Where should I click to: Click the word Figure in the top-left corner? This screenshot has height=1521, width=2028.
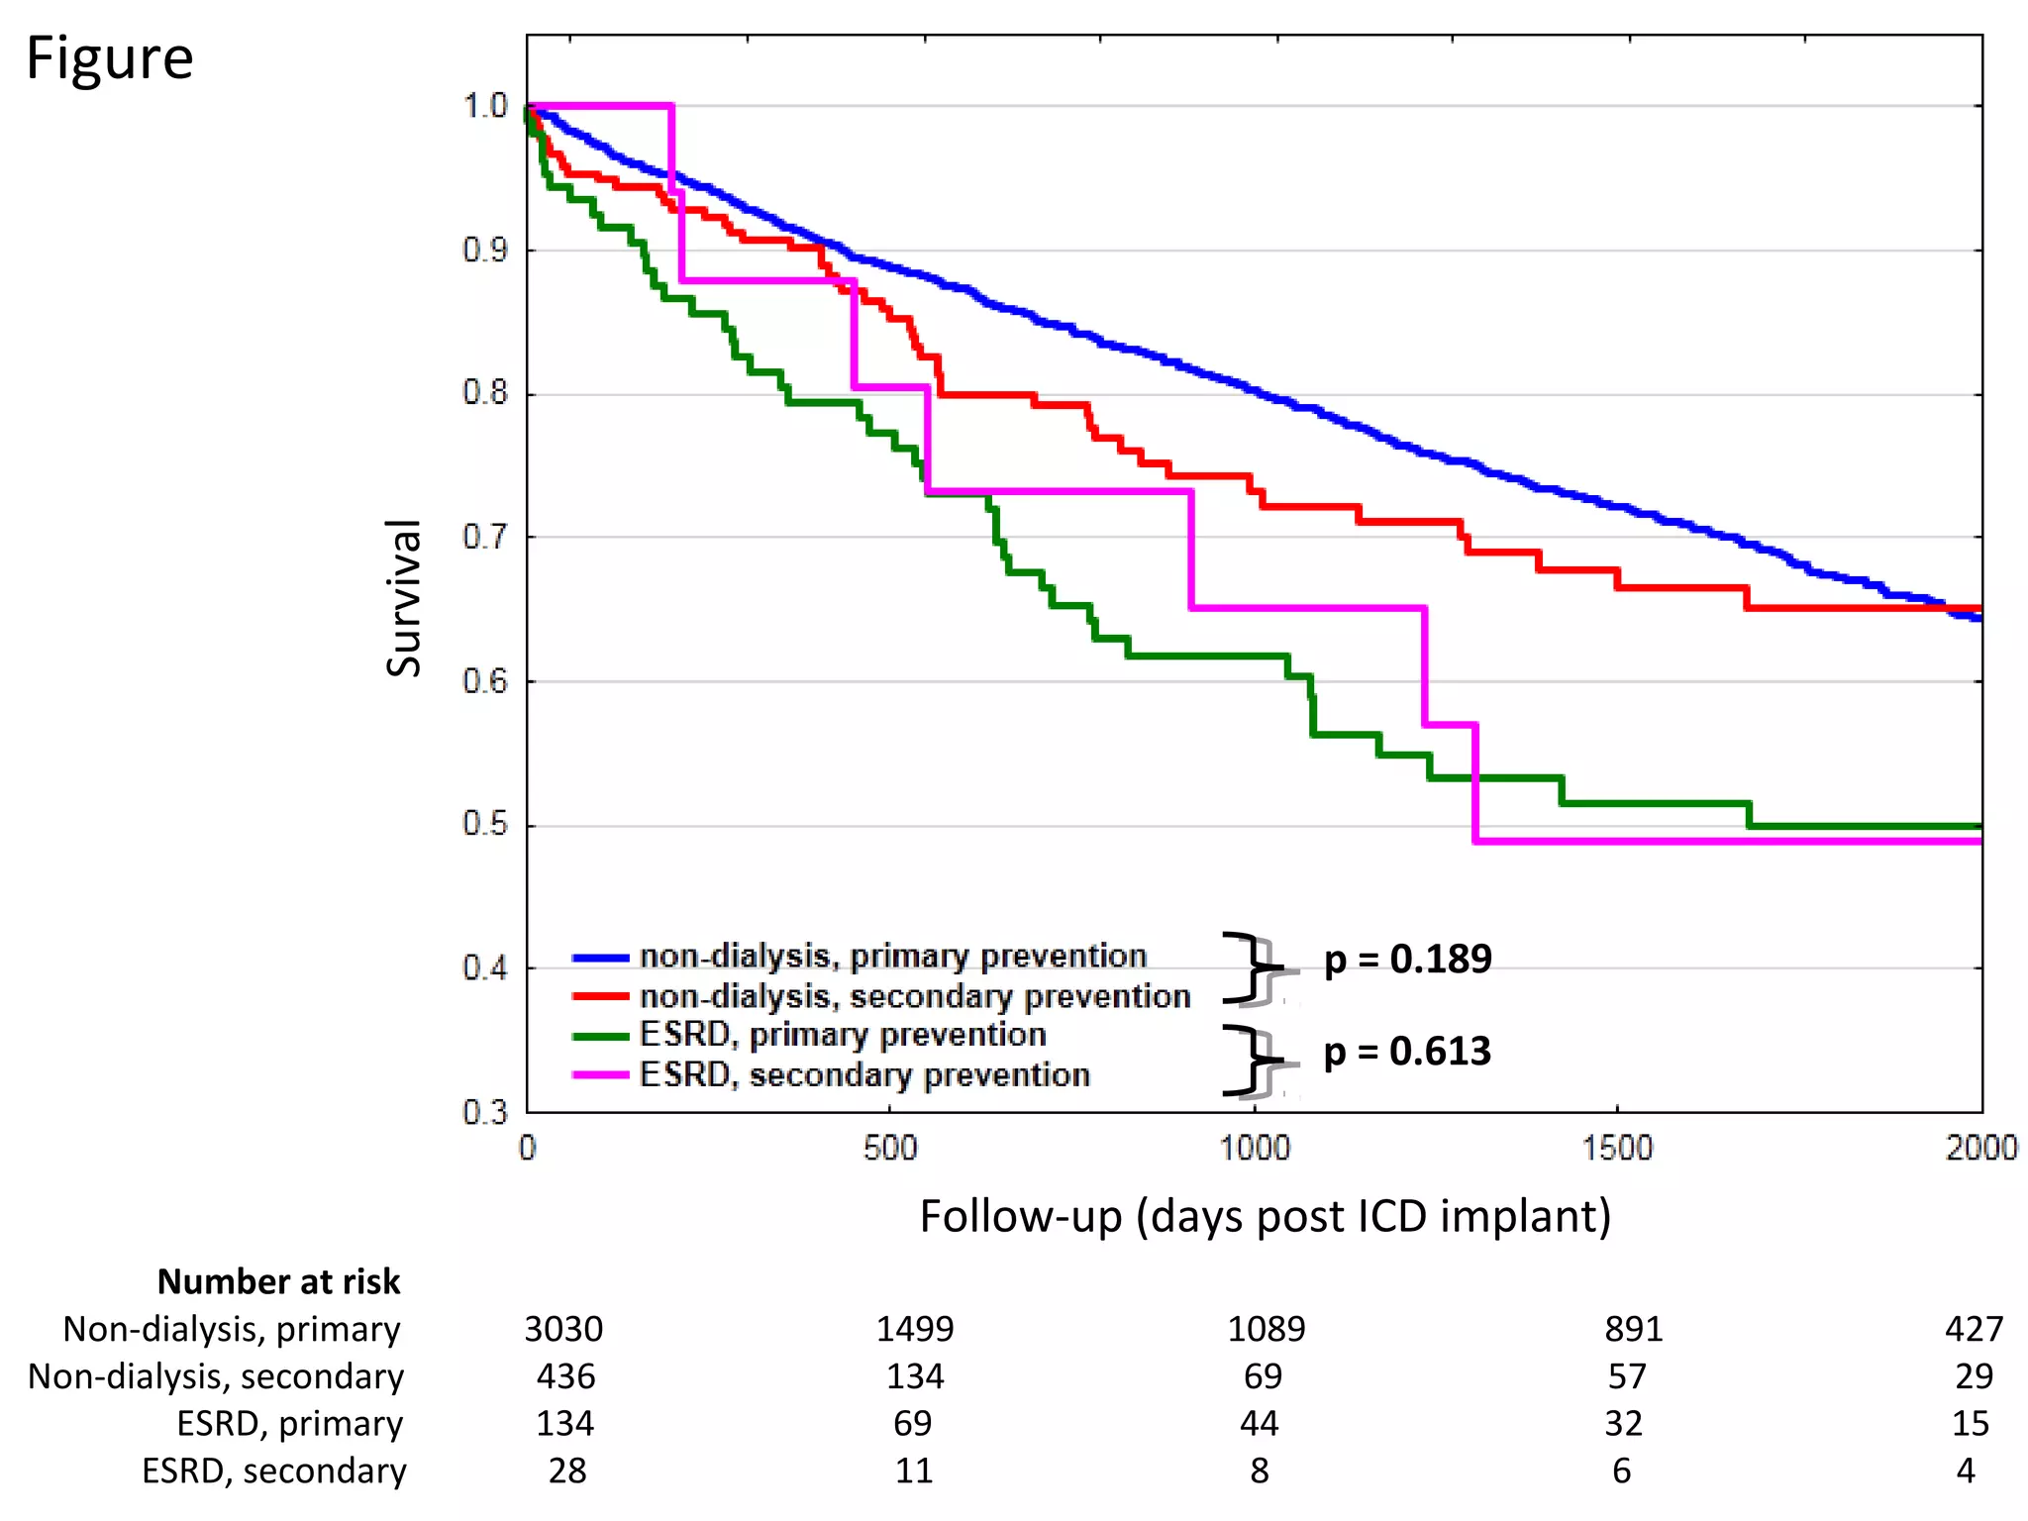point(109,58)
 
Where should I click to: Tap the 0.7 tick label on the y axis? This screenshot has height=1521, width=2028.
point(484,538)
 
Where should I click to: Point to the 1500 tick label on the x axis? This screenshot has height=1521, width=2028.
point(1617,1148)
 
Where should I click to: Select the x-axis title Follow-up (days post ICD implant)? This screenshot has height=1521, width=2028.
point(1265,1216)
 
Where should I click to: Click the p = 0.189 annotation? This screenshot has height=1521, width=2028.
point(1407,959)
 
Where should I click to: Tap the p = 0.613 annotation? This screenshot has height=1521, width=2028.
point(1407,1052)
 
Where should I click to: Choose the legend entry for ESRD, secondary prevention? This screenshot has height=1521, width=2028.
point(864,1074)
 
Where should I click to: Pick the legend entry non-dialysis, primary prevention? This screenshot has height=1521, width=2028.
point(893,956)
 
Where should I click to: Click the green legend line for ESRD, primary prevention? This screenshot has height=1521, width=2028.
point(601,1037)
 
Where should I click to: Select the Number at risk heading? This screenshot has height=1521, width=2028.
point(278,1281)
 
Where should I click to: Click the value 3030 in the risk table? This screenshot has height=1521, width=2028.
point(563,1329)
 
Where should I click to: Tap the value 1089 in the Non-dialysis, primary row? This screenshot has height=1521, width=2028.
point(1266,1329)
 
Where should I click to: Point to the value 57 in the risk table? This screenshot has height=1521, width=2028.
point(1626,1376)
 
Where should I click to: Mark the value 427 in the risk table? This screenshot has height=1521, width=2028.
point(1974,1329)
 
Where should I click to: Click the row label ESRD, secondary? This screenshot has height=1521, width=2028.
point(274,1471)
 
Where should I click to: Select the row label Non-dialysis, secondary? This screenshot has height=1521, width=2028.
point(216,1376)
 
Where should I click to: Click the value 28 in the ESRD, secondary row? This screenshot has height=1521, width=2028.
point(566,1471)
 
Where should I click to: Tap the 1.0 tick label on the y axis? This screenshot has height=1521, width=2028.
point(484,106)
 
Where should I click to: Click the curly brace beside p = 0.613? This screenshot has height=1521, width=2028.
point(1250,1061)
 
